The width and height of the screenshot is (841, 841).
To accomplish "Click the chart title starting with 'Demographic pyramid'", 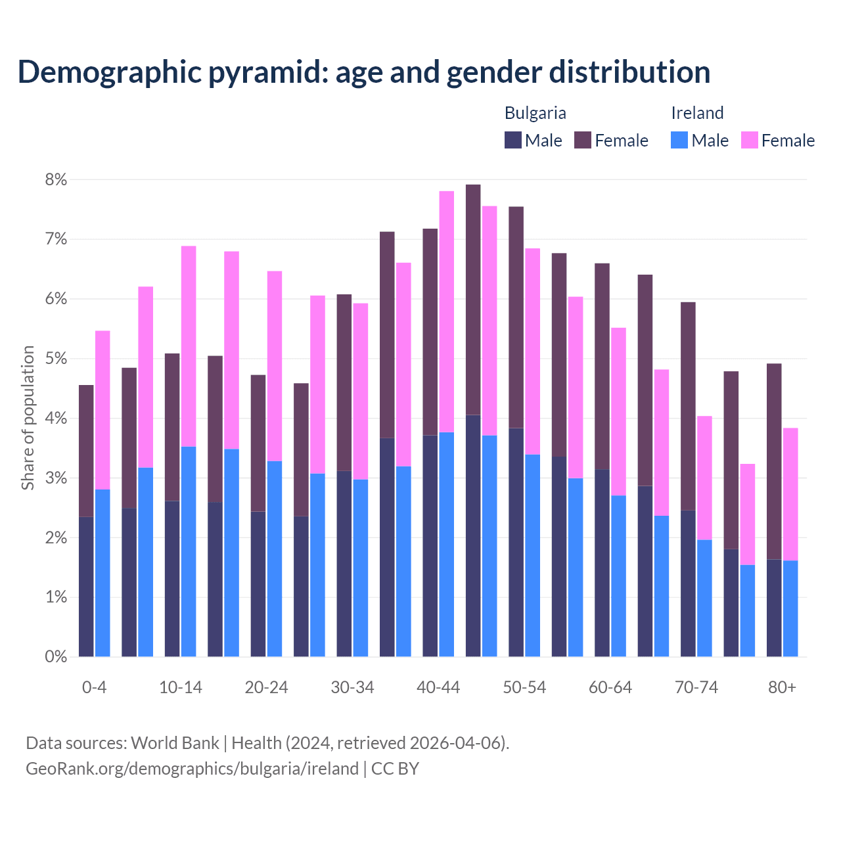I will pyautogui.click(x=363, y=72).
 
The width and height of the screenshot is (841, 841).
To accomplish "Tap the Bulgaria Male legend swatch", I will pyautogui.click(x=513, y=140).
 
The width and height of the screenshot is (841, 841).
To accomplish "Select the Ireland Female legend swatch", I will pyautogui.click(x=749, y=140).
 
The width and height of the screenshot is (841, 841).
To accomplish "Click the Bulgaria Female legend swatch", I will pyautogui.click(x=583, y=140).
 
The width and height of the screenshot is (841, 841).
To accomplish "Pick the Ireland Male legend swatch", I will pyautogui.click(x=679, y=140).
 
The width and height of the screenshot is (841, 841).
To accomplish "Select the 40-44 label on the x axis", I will pyautogui.click(x=438, y=688).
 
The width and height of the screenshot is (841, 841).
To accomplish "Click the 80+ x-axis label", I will pyautogui.click(x=782, y=688).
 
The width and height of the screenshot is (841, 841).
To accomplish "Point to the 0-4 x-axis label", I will pyautogui.click(x=94, y=688).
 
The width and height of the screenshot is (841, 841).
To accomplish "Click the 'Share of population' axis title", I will pyautogui.click(x=28, y=418).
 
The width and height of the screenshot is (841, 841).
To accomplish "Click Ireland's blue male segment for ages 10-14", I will pyautogui.click(x=189, y=552).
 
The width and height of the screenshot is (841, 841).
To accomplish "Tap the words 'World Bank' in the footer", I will pyautogui.click(x=175, y=743).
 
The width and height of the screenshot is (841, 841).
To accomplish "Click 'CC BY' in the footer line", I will pyautogui.click(x=395, y=769).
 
